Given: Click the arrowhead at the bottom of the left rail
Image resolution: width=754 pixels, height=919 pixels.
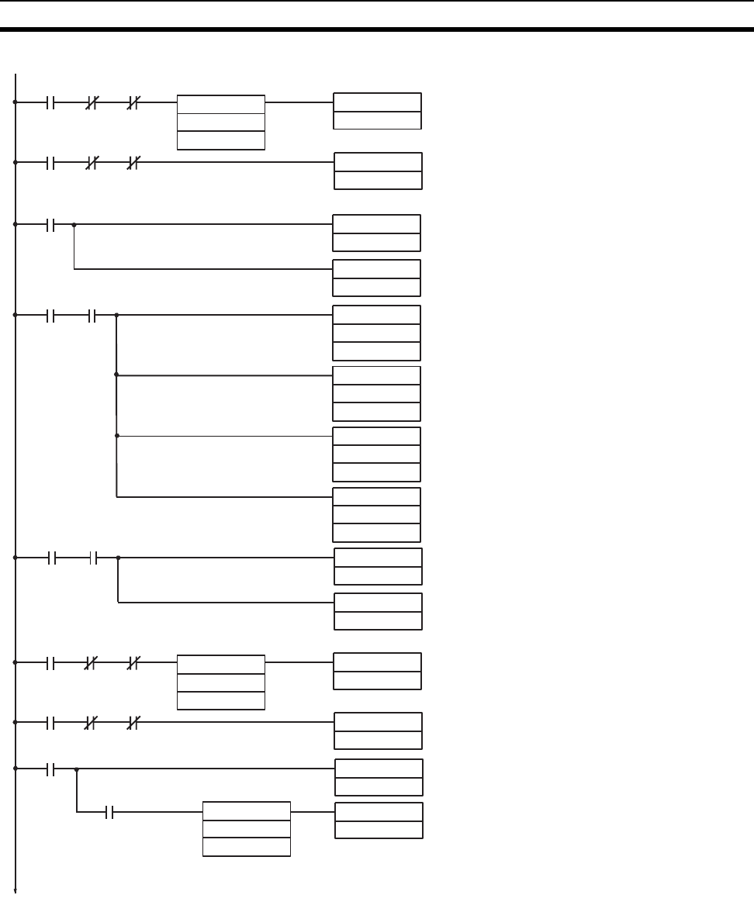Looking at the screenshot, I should click(16, 890).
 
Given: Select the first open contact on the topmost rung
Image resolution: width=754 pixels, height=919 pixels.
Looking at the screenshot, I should click(52, 102).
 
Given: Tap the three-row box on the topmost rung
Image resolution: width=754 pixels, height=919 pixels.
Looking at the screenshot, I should click(221, 122).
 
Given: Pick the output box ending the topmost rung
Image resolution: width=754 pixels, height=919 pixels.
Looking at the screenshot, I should click(377, 111).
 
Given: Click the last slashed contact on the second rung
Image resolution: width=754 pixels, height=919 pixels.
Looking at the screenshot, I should click(133, 163).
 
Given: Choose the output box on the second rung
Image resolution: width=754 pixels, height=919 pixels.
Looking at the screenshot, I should click(378, 171).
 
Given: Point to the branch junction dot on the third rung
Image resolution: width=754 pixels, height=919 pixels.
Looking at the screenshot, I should click(74, 225).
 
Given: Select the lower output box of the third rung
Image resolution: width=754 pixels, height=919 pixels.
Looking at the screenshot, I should click(376, 278).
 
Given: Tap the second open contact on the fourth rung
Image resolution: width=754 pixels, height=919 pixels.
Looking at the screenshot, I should click(92, 316).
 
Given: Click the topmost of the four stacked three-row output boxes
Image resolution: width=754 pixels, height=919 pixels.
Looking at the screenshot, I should click(376, 333).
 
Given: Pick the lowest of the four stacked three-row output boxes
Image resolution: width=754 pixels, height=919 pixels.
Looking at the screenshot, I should click(376, 515).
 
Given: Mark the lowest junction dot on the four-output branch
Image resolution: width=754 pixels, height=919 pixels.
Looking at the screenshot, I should click(116, 436).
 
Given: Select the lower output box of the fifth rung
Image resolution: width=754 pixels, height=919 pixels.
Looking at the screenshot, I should click(378, 611).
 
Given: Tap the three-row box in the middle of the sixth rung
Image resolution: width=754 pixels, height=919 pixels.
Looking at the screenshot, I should click(221, 682).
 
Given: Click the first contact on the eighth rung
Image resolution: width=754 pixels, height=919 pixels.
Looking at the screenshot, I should click(52, 769).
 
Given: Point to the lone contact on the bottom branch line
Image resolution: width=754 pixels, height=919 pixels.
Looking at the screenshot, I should click(110, 812).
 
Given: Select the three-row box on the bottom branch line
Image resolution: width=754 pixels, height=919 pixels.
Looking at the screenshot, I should click(246, 829).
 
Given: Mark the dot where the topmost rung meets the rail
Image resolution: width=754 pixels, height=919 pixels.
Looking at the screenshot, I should click(16, 102).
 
